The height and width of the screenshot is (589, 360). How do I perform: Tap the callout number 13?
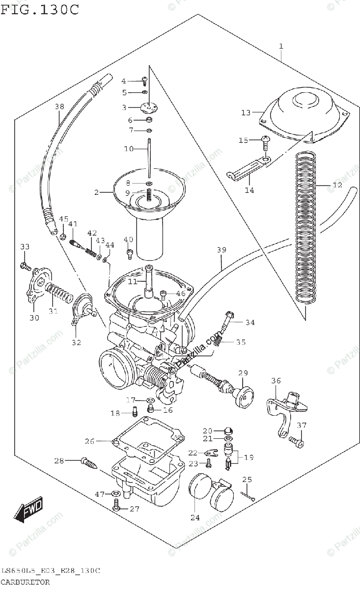coord(246,113)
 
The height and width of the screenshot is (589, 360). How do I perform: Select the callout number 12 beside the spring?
coord(336,186)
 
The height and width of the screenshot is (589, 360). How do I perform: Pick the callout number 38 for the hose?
coord(59,107)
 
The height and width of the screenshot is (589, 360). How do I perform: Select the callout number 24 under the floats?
coord(195,517)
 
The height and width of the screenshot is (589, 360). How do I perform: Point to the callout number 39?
coord(221,250)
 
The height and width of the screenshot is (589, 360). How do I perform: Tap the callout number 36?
coord(276,380)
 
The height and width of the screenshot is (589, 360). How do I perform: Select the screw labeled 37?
coord(298,442)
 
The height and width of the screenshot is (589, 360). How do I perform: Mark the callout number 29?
coord(243,374)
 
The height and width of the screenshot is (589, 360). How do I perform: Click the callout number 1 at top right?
coord(281,47)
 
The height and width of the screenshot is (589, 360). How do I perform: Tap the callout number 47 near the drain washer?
coord(100,494)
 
